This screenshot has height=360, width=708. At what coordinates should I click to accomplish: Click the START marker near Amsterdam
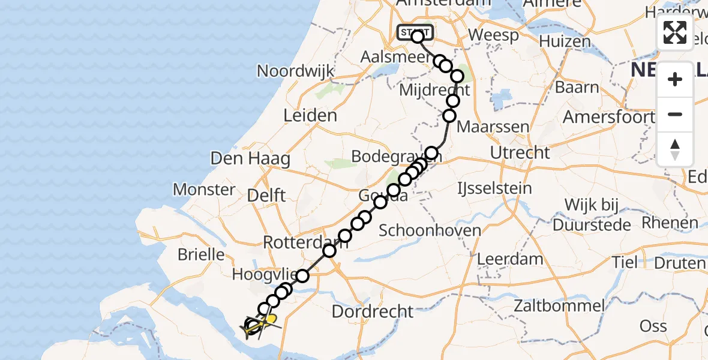pyautogui.click(x=414, y=32)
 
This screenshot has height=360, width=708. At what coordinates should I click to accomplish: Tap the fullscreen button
pyautogui.click(x=675, y=32)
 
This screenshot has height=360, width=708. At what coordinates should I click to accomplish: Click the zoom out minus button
pyautogui.click(x=675, y=115)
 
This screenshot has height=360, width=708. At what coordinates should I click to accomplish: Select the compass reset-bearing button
pyautogui.click(x=675, y=149)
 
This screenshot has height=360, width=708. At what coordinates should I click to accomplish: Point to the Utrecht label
pyautogui.click(x=520, y=152)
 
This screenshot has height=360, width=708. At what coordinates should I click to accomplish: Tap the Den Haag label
pyautogui.click(x=250, y=159)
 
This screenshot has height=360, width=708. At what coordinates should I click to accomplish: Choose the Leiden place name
pyautogui.click(x=311, y=115)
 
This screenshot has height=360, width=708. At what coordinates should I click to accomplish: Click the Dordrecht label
pyautogui.click(x=373, y=311)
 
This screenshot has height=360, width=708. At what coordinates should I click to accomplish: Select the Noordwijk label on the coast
pyautogui.click(x=295, y=71)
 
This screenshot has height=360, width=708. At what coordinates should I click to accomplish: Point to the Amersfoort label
pyautogui.click(x=608, y=117)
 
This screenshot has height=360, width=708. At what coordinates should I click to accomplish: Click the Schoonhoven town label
pyautogui.click(x=430, y=230)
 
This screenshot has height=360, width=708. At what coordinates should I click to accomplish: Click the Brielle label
pyautogui.click(x=201, y=254)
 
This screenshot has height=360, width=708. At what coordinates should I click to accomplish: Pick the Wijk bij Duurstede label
pyautogui.click(x=592, y=215)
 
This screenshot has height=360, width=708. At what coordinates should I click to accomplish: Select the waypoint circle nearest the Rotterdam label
pyautogui.click(x=329, y=250)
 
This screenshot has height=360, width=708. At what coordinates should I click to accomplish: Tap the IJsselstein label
pyautogui.click(x=494, y=188)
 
